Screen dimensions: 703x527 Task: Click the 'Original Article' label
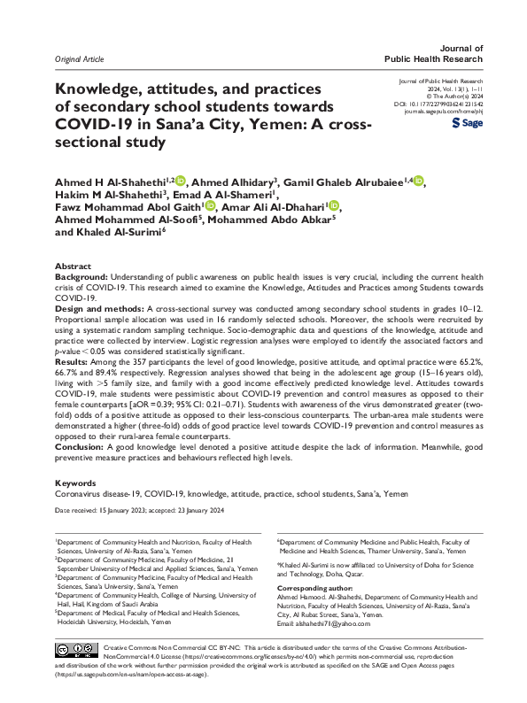tap(80, 58)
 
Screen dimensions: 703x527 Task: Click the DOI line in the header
tap(443, 104)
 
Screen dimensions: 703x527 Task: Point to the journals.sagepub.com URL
tap(444, 112)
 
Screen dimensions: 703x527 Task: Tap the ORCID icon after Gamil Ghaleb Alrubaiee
tap(418, 182)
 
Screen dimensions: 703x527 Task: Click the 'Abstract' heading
tap(73, 267)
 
